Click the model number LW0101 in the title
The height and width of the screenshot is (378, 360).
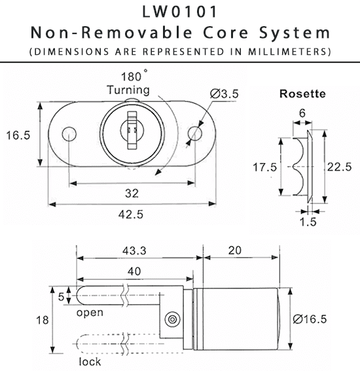[x=179, y=12]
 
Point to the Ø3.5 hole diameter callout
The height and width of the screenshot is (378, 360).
[x=223, y=95]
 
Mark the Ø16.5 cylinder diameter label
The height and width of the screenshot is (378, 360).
[x=310, y=318]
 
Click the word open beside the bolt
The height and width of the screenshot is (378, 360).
[x=90, y=313]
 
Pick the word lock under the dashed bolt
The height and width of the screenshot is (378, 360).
[x=90, y=362]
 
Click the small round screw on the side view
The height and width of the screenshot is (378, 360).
[x=173, y=318]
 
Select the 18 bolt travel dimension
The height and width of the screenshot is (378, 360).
[x=41, y=320]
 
